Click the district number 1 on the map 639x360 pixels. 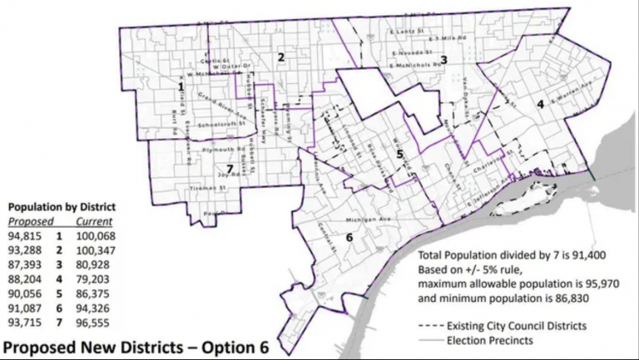coord(181,86)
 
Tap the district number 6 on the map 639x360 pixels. coord(349,238)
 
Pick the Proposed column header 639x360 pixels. coord(32,222)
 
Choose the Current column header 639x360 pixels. coord(94,222)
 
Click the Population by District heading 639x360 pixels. coord(62,206)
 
